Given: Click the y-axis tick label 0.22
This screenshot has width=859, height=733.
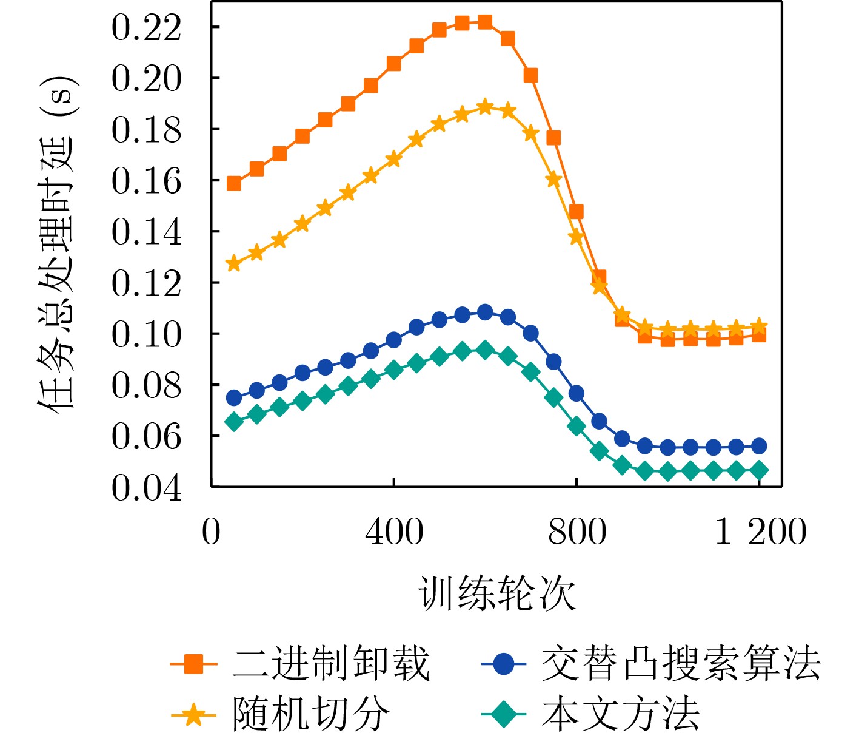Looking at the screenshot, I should tap(146, 28).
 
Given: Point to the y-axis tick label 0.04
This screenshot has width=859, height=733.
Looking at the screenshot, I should tap(146, 487).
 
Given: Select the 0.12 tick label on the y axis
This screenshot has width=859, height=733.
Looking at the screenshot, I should tap(146, 283).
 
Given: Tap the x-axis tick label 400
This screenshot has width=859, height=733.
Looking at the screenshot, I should tap(394, 532).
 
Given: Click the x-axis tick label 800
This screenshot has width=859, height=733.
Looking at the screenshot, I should tap(577, 532).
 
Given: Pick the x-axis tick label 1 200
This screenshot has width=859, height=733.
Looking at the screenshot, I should tap(760, 532).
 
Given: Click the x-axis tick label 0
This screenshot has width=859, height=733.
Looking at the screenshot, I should tap(211, 532).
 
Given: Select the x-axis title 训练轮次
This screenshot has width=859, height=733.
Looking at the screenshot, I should tap(496, 593).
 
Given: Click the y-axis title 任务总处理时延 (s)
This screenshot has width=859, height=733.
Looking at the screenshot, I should tap(56, 245).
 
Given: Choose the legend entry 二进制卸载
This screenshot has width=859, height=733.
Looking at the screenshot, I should tap(331, 664).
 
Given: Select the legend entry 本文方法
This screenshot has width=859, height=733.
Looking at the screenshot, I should tap(621, 714).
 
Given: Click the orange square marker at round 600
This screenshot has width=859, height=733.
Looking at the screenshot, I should tap(485, 22).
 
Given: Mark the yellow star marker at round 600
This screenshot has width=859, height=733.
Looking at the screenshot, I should tap(485, 107).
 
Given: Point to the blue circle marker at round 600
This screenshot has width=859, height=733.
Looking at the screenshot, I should tap(485, 312).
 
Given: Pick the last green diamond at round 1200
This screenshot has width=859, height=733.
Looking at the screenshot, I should tap(759, 471).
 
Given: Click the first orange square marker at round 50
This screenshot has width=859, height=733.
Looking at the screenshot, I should tap(234, 183).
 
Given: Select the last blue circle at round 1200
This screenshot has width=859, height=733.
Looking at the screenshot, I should tap(759, 447).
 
